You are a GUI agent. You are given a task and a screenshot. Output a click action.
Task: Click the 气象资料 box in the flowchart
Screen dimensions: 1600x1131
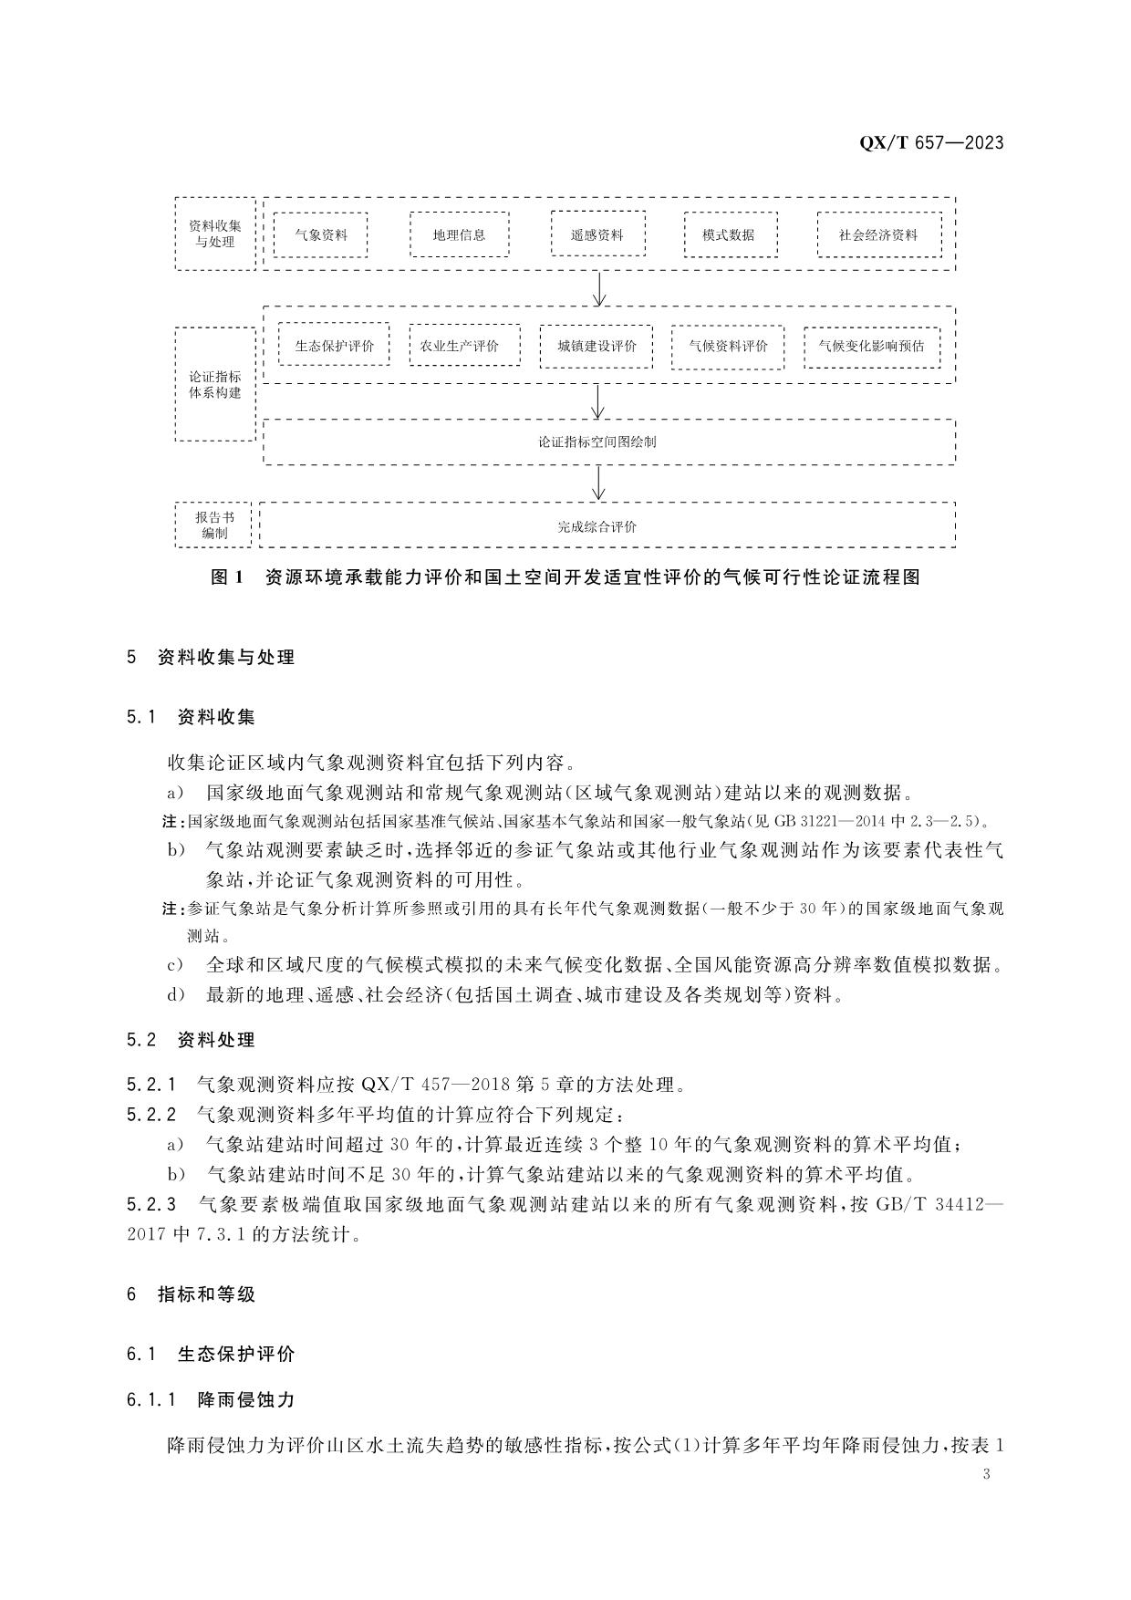tap(320, 234)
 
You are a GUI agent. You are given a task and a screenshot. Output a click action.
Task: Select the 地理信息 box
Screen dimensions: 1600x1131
tap(459, 234)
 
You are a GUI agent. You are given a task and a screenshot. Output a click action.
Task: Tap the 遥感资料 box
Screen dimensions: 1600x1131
tap(597, 234)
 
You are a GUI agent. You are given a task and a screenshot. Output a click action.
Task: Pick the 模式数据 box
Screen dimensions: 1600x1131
tap(730, 234)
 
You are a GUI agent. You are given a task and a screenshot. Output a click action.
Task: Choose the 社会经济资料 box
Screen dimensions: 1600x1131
tap(878, 234)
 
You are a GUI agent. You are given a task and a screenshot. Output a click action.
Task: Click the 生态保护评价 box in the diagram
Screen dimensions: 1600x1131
tap(334, 346)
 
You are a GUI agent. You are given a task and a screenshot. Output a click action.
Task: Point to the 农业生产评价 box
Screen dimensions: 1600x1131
tap(465, 346)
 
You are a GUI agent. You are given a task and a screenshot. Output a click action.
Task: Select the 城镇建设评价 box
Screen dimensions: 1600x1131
tap(597, 347)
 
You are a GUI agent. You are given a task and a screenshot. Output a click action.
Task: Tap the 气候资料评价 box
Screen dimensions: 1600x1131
tap(728, 347)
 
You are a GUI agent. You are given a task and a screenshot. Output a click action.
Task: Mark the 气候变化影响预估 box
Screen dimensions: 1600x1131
tap(871, 347)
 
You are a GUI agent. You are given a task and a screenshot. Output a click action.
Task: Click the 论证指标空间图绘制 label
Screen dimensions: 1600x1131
tap(597, 442)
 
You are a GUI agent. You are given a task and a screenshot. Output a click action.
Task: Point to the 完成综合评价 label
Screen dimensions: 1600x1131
tap(597, 526)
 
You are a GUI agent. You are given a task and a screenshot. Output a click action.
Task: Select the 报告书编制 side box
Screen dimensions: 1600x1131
tap(214, 525)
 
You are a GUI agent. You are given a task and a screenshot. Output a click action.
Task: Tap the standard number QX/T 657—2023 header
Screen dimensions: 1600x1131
tap(931, 142)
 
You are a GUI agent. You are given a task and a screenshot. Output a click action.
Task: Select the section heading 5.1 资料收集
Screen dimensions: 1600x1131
tap(192, 716)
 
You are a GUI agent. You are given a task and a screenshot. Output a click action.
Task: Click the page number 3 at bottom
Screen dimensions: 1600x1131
tap(987, 1475)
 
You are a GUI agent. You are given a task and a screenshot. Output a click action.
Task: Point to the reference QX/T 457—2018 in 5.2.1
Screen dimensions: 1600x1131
tap(435, 1085)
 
